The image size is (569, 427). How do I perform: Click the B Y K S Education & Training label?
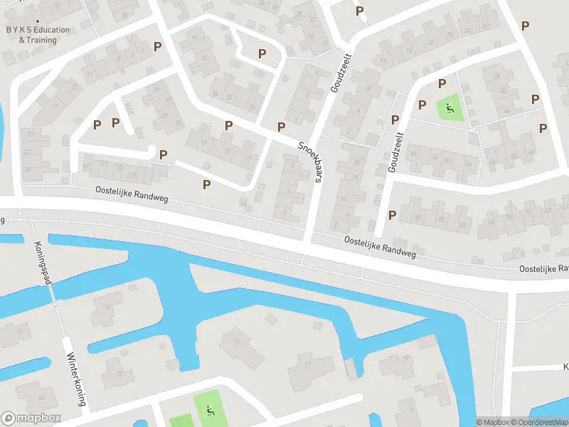tap(38, 35)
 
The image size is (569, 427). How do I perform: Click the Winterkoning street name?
tap(75, 380)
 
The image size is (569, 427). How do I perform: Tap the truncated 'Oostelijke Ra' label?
tap(543, 268)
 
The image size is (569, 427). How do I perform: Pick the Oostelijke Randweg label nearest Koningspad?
tap(132, 194)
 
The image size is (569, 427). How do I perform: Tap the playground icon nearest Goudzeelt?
tap(449, 109)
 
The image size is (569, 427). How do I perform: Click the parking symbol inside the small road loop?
tap(262, 53)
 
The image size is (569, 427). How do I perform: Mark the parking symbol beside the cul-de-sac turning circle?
tap(164, 154)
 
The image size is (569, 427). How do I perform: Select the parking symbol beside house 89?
tap(392, 215)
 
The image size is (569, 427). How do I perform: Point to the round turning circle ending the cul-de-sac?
tap(151, 150)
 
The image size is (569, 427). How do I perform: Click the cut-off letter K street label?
tap(566, 367)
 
